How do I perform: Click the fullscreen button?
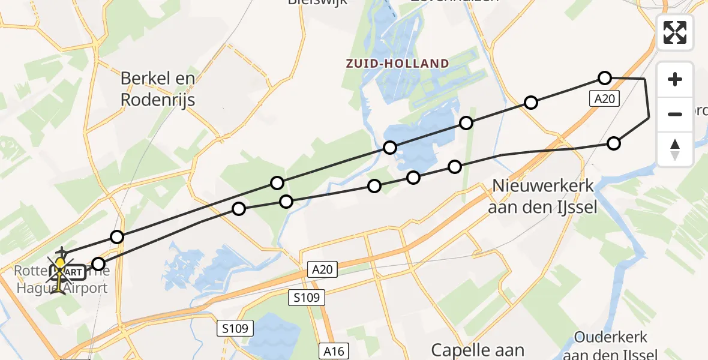click(675, 32)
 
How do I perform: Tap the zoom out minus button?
click(675, 114)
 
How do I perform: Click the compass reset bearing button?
click(675, 149)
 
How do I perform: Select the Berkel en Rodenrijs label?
click(158, 89)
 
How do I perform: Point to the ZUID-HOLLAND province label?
click(397, 64)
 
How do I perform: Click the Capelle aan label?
click(478, 350)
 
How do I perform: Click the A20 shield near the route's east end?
click(604, 100)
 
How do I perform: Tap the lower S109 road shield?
click(235, 328)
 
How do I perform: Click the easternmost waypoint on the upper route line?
click(604, 78)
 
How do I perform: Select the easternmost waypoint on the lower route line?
click(613, 143)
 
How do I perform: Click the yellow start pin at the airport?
click(60, 265)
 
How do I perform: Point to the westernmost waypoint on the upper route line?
click(117, 237)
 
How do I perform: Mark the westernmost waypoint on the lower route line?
click(98, 264)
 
